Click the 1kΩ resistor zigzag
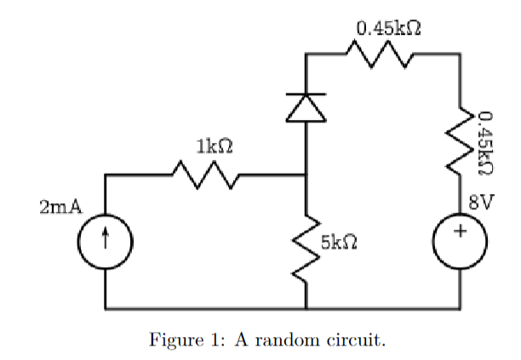pos(205,175)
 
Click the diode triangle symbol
pos(306,107)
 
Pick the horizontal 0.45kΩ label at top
pos(390,27)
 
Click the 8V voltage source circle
pos(461,232)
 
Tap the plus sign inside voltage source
pos(461,231)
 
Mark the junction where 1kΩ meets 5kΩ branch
pos(306,175)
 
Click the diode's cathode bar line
pos(306,93)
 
